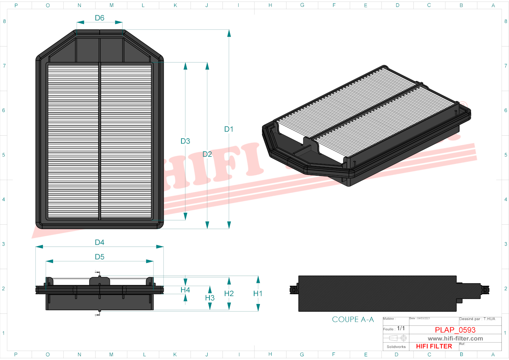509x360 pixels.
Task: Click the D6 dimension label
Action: tap(99, 18)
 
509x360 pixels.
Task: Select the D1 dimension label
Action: tap(229, 129)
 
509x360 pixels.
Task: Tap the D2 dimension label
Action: tap(207, 154)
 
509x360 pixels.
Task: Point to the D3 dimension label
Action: tap(185, 141)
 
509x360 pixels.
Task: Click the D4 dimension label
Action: tap(99, 242)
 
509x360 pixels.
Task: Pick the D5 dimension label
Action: tap(99, 257)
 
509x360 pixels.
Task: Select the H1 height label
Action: tap(258, 293)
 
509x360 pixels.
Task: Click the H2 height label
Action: tap(229, 293)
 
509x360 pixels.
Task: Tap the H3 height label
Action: tap(210, 298)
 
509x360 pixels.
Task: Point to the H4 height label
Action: tap(185, 290)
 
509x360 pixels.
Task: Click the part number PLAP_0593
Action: tap(455, 330)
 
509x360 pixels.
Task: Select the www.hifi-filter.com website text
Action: tap(455, 339)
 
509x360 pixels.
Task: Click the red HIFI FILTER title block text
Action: tap(434, 346)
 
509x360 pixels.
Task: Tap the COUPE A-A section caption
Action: tap(353, 319)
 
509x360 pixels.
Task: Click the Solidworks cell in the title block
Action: tap(396, 347)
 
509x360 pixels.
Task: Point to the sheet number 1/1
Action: tap(401, 328)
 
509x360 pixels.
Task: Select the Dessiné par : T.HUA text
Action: tap(477, 319)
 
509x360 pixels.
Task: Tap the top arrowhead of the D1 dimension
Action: tap(229, 33)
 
